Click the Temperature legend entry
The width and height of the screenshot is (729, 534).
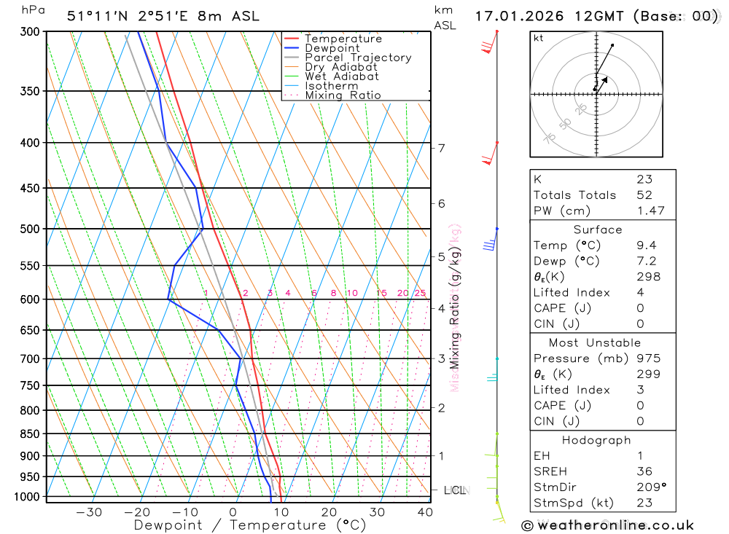[x=343, y=39]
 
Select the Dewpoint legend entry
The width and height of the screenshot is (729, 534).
[x=332, y=48]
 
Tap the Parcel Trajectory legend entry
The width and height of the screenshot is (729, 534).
[x=357, y=58]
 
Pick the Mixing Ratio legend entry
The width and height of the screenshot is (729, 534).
[x=343, y=95]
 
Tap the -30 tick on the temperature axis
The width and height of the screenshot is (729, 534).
[x=89, y=512]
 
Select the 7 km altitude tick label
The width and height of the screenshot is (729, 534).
[x=442, y=148]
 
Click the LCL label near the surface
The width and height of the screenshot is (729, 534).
[x=455, y=490]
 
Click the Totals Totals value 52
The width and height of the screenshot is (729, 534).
[x=644, y=195]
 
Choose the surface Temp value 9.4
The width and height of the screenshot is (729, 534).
[x=644, y=246]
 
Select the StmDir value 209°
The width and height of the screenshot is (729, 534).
[x=650, y=487]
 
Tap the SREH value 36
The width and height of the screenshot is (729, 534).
[x=644, y=471]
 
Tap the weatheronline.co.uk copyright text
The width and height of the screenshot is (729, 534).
[x=607, y=525]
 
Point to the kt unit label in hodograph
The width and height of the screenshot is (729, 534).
[x=539, y=38]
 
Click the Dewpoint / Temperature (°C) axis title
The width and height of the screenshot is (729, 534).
[x=249, y=525]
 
